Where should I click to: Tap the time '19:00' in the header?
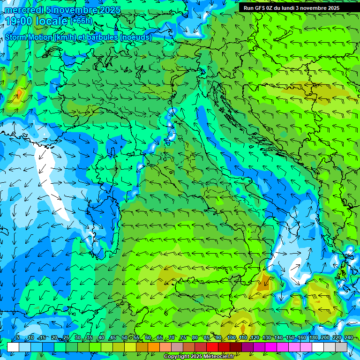tap(18, 21)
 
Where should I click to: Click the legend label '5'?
tap(18, 337)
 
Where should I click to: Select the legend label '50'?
tap(124, 337)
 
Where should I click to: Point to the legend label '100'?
tap(231, 337)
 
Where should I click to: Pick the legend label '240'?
tap(348, 337)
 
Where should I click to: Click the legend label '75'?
tap(183, 337)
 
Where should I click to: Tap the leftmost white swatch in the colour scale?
tap(13, 347)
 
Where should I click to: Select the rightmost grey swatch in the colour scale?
tap(341, 347)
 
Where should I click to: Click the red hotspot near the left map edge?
tap(19, 93)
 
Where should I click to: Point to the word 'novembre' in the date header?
tap(68, 10)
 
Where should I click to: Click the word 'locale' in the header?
tap(52, 21)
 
